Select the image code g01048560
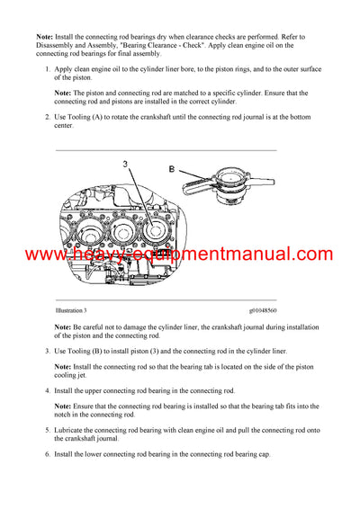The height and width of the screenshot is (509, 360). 268,309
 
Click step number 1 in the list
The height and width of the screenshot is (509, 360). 46,68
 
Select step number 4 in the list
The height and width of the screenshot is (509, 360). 46,390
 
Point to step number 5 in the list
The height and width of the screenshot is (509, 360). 46,431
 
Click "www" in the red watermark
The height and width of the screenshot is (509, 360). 44,254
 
